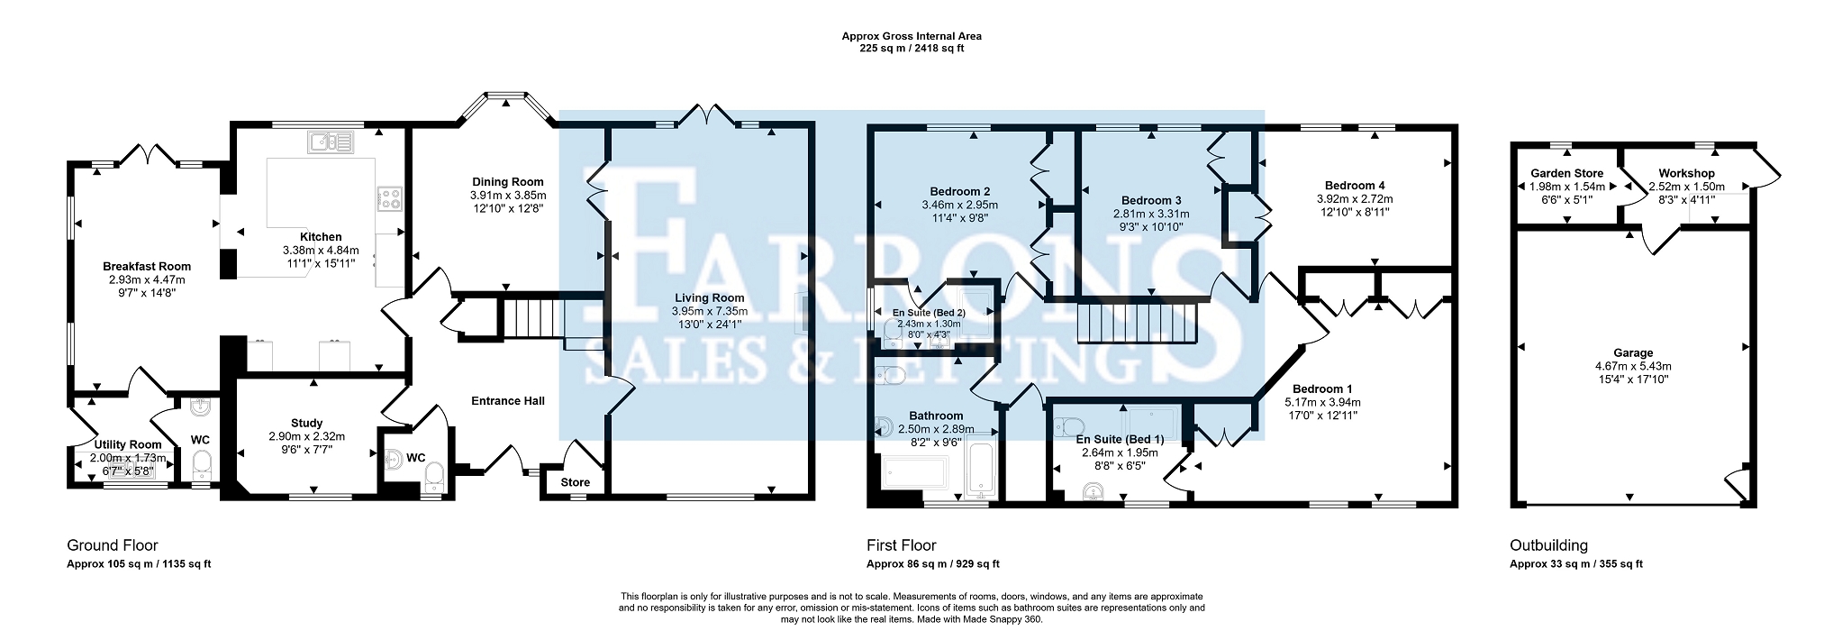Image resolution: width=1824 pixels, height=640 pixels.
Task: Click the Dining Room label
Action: [x=508, y=182]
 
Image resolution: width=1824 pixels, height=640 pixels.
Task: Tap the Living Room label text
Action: [x=710, y=298]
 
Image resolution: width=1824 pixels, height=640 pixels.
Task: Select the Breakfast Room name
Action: [x=147, y=267]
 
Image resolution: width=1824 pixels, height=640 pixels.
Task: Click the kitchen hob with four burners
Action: [x=389, y=197]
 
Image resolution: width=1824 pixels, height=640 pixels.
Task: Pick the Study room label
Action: [x=307, y=424]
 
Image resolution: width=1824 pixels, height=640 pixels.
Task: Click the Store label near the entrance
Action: [x=576, y=483]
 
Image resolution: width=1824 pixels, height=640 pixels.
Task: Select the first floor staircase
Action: [x=1136, y=324]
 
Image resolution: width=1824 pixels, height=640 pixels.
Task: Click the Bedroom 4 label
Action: [x=1355, y=186]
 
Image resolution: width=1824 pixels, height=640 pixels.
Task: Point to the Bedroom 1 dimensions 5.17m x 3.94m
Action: [x=1322, y=403]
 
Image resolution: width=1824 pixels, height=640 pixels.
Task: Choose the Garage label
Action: [x=1633, y=353]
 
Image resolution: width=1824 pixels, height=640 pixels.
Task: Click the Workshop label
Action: [x=1688, y=173]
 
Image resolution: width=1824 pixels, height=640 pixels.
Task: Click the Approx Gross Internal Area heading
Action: [x=912, y=36]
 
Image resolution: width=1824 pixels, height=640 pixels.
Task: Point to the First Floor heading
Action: [x=902, y=545]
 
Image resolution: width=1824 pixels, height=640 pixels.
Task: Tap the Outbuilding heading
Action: [x=1548, y=545]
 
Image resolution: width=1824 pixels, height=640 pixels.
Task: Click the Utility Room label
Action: [x=128, y=444]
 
